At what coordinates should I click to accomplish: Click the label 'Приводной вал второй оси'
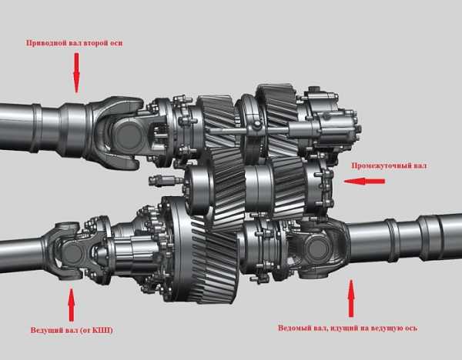[x=74, y=43]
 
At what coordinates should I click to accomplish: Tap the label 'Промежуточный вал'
[x=389, y=165]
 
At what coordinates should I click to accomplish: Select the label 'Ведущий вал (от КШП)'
[x=72, y=330]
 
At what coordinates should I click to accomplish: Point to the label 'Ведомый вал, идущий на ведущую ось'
[x=348, y=328]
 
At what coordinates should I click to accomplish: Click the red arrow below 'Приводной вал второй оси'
[x=76, y=73]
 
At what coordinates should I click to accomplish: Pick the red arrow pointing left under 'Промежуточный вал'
[x=364, y=182]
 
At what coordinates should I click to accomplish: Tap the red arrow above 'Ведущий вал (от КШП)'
[x=72, y=305]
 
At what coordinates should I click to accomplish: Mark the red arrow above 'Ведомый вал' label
[x=351, y=298]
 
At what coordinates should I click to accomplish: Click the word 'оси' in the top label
[x=115, y=43]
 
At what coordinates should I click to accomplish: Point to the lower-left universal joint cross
[x=71, y=251]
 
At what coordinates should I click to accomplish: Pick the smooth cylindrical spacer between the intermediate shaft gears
[x=259, y=188]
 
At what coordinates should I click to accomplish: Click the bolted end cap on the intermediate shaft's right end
[x=320, y=187]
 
